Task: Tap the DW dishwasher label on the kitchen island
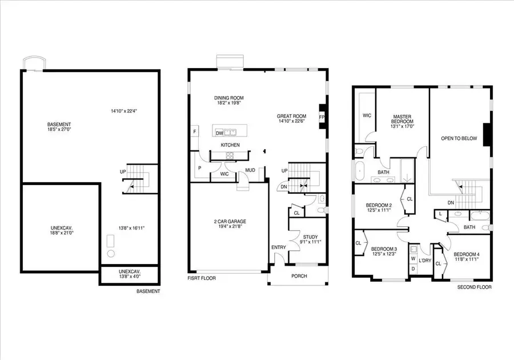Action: pos(219,133)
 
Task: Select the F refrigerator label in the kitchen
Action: pos(195,132)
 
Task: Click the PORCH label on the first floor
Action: pos(299,276)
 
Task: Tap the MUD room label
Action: pos(250,170)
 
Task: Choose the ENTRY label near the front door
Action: pos(278,247)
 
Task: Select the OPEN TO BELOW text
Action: pos(458,138)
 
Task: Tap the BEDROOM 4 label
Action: pos(467,254)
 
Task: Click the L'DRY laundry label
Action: pos(425,261)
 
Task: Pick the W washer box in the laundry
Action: pos(413,258)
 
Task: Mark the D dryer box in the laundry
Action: pos(413,269)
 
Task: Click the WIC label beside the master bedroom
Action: pos(367,115)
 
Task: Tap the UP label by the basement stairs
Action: pos(123,171)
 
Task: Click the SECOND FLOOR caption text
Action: pos(474,287)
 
